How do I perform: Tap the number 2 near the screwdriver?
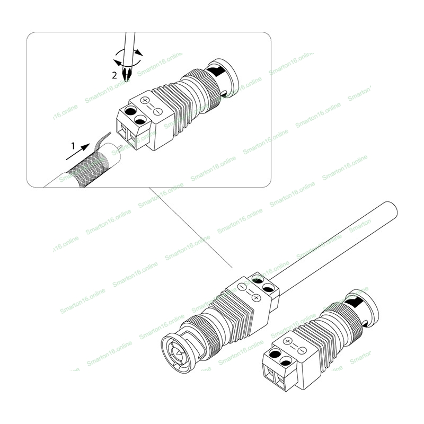click(x=114, y=75)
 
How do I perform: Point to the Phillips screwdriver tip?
click(x=127, y=73)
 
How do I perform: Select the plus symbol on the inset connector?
click(x=145, y=99)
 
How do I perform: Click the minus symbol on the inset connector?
click(x=157, y=111)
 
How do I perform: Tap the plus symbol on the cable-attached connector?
click(x=256, y=298)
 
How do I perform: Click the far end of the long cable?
click(x=391, y=209)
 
